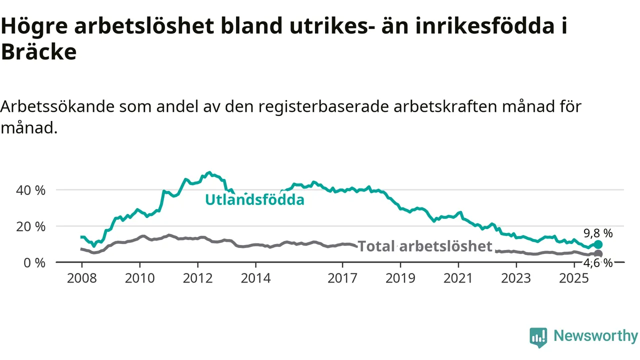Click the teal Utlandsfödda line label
click(x=254, y=200)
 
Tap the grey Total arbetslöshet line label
click(x=425, y=246)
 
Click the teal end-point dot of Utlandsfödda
click(x=598, y=244)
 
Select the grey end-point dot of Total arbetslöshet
click(x=598, y=254)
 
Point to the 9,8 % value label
click(x=598, y=233)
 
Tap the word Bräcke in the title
click(x=38, y=52)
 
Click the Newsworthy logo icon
click(x=538, y=337)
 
